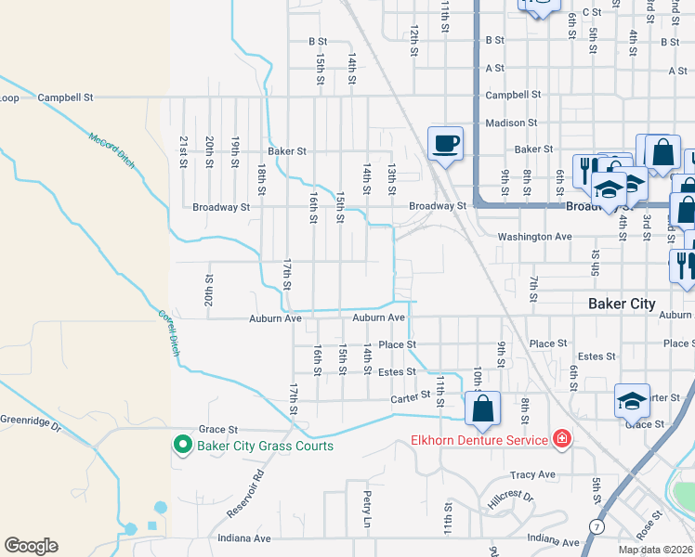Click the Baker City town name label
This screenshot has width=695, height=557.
(622, 304)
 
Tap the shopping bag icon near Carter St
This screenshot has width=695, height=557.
(482, 408)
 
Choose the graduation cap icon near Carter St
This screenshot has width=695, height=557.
(632, 401)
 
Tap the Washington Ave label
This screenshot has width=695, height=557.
(534, 237)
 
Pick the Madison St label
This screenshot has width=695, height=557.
(510, 123)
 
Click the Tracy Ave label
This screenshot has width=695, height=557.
(532, 474)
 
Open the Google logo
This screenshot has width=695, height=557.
(31, 546)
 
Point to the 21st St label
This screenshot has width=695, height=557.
(184, 146)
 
